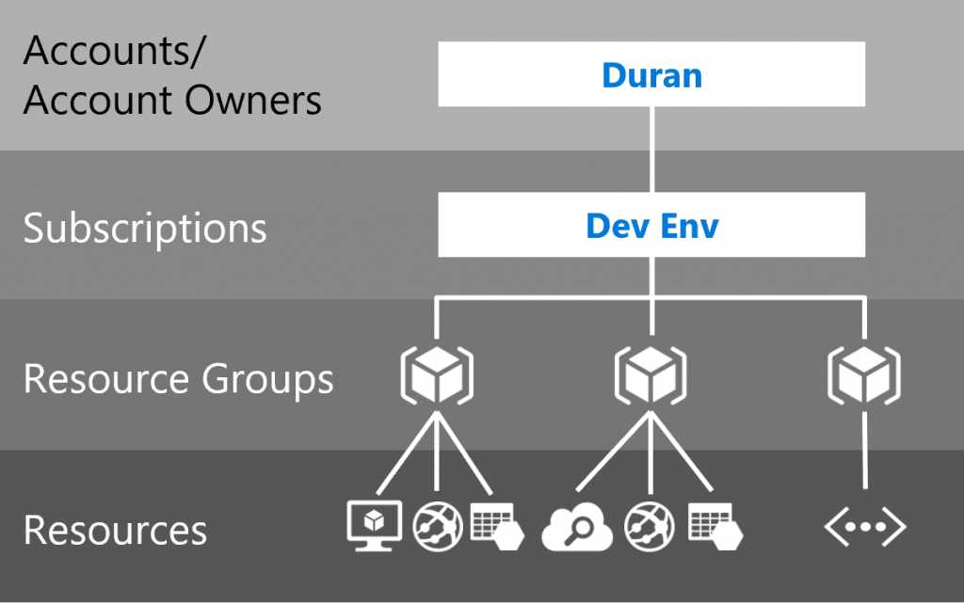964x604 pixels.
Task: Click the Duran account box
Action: pyautogui.click(x=651, y=74)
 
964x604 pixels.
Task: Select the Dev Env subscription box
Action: pyautogui.click(x=651, y=226)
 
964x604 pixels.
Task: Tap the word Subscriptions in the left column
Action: pyautogui.click(x=145, y=229)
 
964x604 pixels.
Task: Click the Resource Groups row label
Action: pyautogui.click(x=178, y=379)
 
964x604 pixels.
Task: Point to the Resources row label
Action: pyautogui.click(x=115, y=530)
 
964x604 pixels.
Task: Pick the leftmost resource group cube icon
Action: pyautogui.click(x=436, y=375)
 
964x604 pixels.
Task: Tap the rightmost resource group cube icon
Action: pyautogui.click(x=863, y=375)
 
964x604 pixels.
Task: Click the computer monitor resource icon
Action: pyautogui.click(x=374, y=525)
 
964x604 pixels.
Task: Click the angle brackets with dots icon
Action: pyautogui.click(x=864, y=530)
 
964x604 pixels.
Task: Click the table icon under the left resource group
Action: pyautogui.click(x=495, y=525)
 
